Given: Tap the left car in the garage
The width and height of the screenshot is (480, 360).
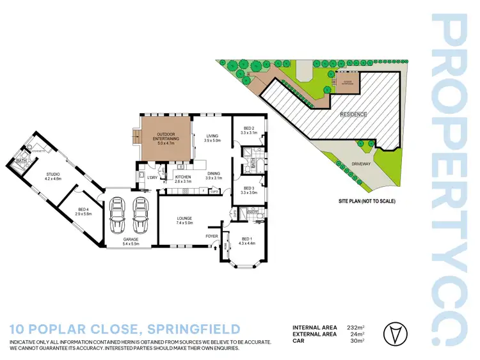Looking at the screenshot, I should point(118,217).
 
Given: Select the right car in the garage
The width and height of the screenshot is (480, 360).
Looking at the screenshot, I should point(141,217).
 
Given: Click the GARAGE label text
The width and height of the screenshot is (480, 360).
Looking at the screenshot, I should point(131,240).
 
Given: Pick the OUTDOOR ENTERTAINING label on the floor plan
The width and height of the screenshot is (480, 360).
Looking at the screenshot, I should point(166,136).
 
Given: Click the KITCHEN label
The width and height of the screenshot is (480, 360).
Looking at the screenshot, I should point(183,177).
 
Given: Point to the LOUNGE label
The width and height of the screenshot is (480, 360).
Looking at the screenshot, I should point(184,219).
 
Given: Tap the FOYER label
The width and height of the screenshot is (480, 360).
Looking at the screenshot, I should point(211,236).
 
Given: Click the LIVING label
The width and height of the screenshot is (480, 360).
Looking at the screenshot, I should point(212,136).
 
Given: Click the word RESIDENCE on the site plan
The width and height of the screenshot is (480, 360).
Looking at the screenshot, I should point(353,114).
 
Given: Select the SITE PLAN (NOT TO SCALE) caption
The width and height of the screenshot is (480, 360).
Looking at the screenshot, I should point(367,201).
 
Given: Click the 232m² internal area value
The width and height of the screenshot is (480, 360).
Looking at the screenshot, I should point(356,327).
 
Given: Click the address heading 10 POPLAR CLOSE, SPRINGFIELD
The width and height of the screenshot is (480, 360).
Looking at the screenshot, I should point(125,329).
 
